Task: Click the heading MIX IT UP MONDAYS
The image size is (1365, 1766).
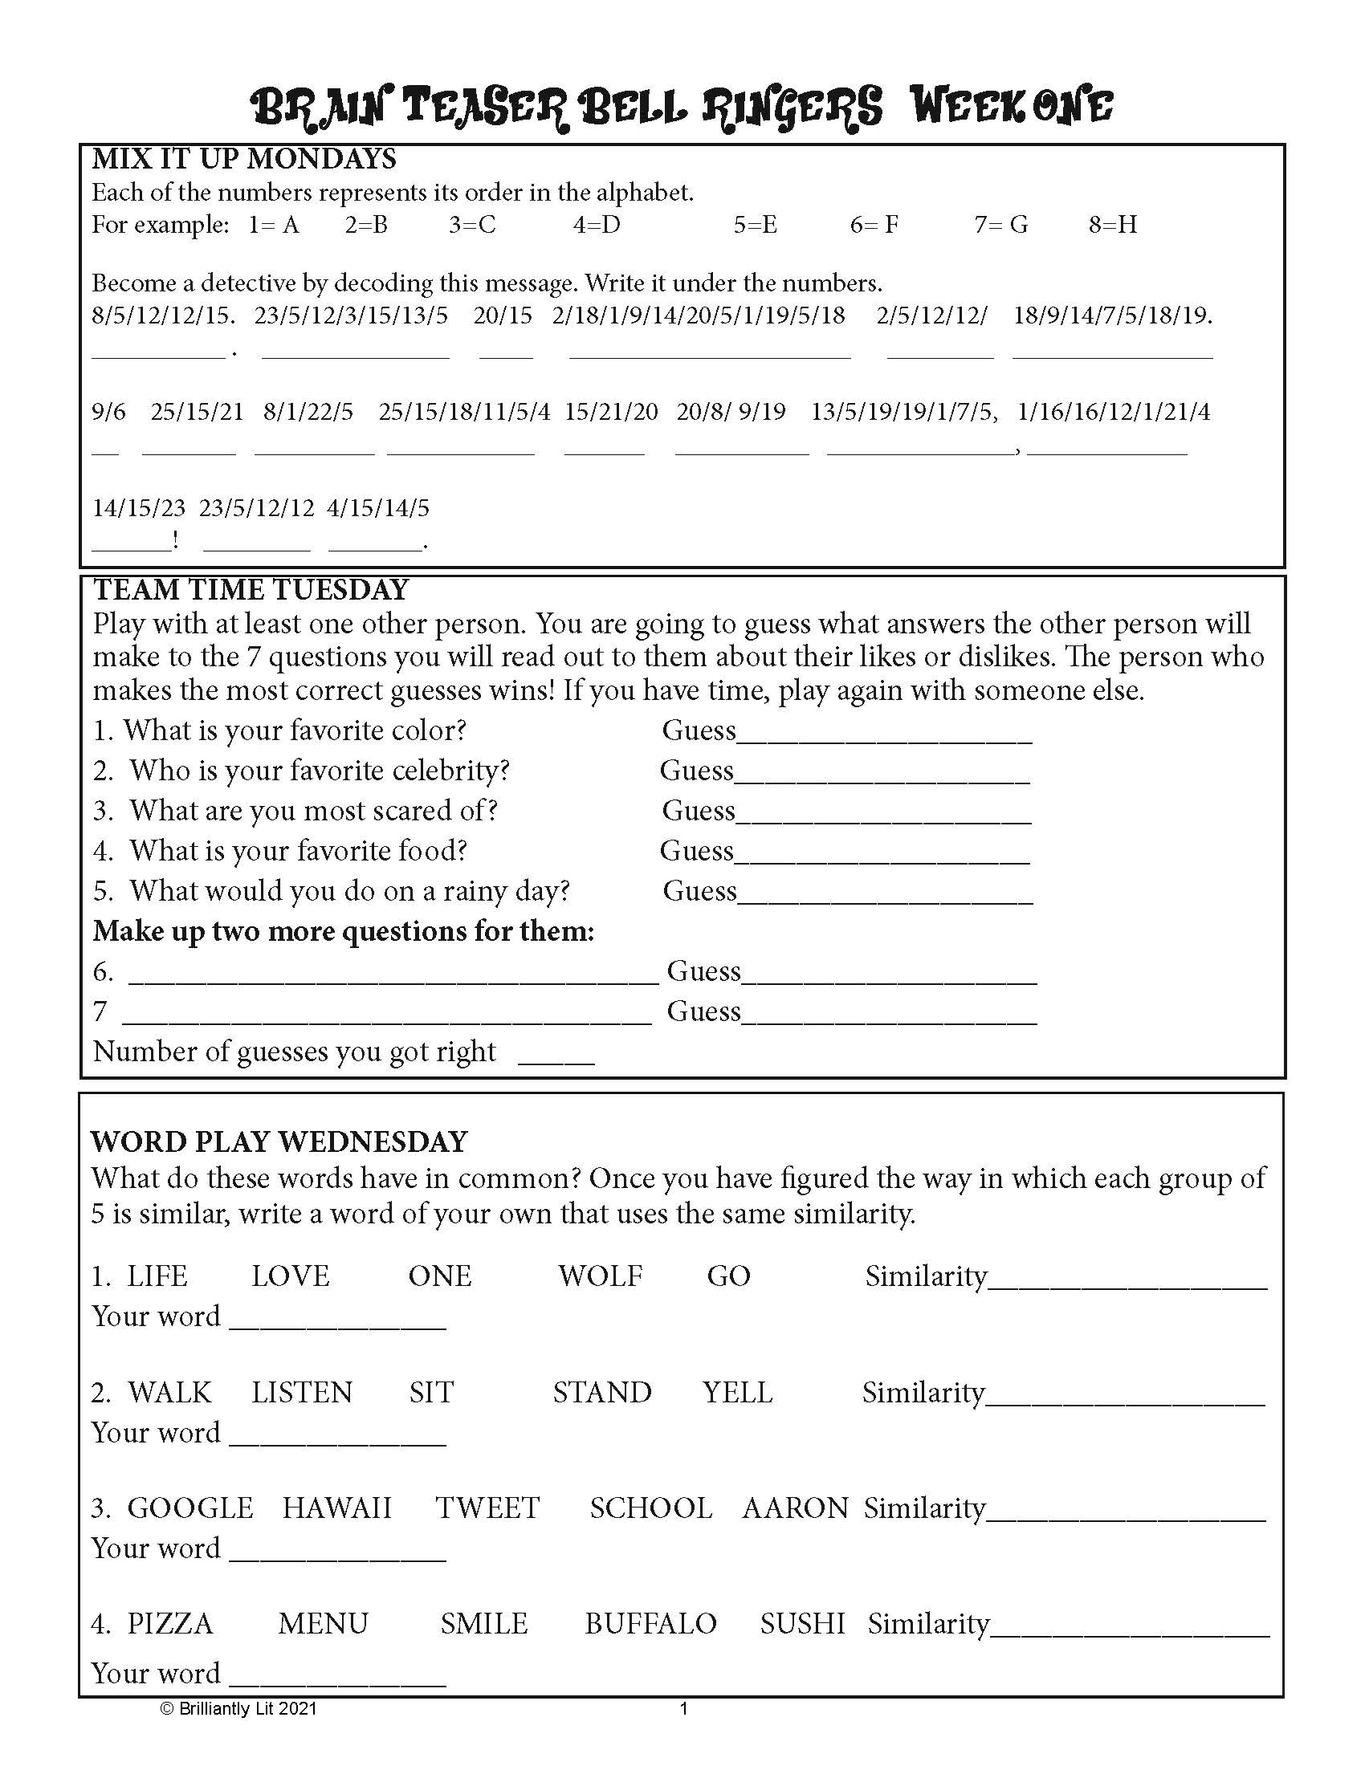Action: coord(243,159)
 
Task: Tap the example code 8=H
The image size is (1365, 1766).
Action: coord(1113,225)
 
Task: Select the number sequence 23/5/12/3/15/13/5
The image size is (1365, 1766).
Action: coord(351,315)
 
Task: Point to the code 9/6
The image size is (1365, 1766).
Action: coord(108,413)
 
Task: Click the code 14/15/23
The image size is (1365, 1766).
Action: coord(138,509)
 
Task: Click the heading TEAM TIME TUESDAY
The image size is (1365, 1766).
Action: coord(251,590)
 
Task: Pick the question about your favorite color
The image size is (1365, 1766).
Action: coord(279,731)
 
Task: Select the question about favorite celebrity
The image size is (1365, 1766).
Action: coord(302,771)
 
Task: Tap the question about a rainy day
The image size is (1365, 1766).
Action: coord(332,891)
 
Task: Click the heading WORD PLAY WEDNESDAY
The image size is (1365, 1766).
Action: coord(279,1142)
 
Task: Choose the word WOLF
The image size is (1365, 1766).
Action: coord(600,1277)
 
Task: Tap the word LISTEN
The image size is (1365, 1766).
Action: coord(302,1394)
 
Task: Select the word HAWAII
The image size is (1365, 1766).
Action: coord(336,1509)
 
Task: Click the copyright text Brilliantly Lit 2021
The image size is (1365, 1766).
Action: coord(238,1708)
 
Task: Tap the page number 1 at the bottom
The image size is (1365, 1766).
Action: coord(683,1708)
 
